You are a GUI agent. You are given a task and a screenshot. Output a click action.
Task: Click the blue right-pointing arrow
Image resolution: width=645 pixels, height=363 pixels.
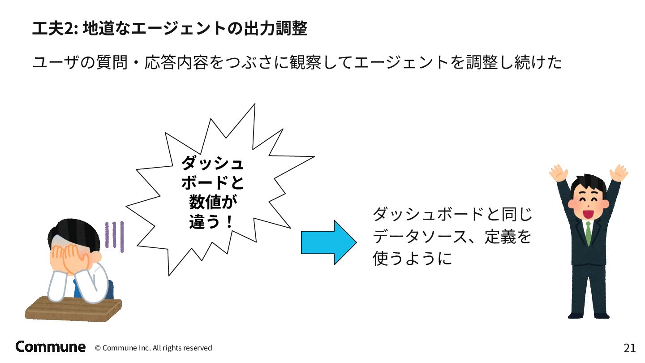pos(328,242)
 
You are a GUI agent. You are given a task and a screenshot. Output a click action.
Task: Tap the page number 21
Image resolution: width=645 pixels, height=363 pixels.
pos(629,348)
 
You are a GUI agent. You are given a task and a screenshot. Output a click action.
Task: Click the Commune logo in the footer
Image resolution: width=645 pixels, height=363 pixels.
pos(50,346)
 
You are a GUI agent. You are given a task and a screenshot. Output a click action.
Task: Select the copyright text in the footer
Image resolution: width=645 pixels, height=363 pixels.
pos(153,348)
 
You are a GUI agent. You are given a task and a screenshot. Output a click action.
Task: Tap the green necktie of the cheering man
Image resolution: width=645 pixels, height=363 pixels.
pos(588,233)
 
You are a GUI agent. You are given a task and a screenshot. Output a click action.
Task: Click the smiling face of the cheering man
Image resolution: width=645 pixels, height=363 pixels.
pos(588,201)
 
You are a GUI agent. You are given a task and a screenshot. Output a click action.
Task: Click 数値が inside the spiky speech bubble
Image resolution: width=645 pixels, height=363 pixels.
pos(212,202)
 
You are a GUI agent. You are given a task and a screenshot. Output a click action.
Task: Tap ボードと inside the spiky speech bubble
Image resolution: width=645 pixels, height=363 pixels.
pos(212,182)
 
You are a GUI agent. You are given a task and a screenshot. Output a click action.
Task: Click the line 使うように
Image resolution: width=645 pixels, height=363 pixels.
pos(412,259)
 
